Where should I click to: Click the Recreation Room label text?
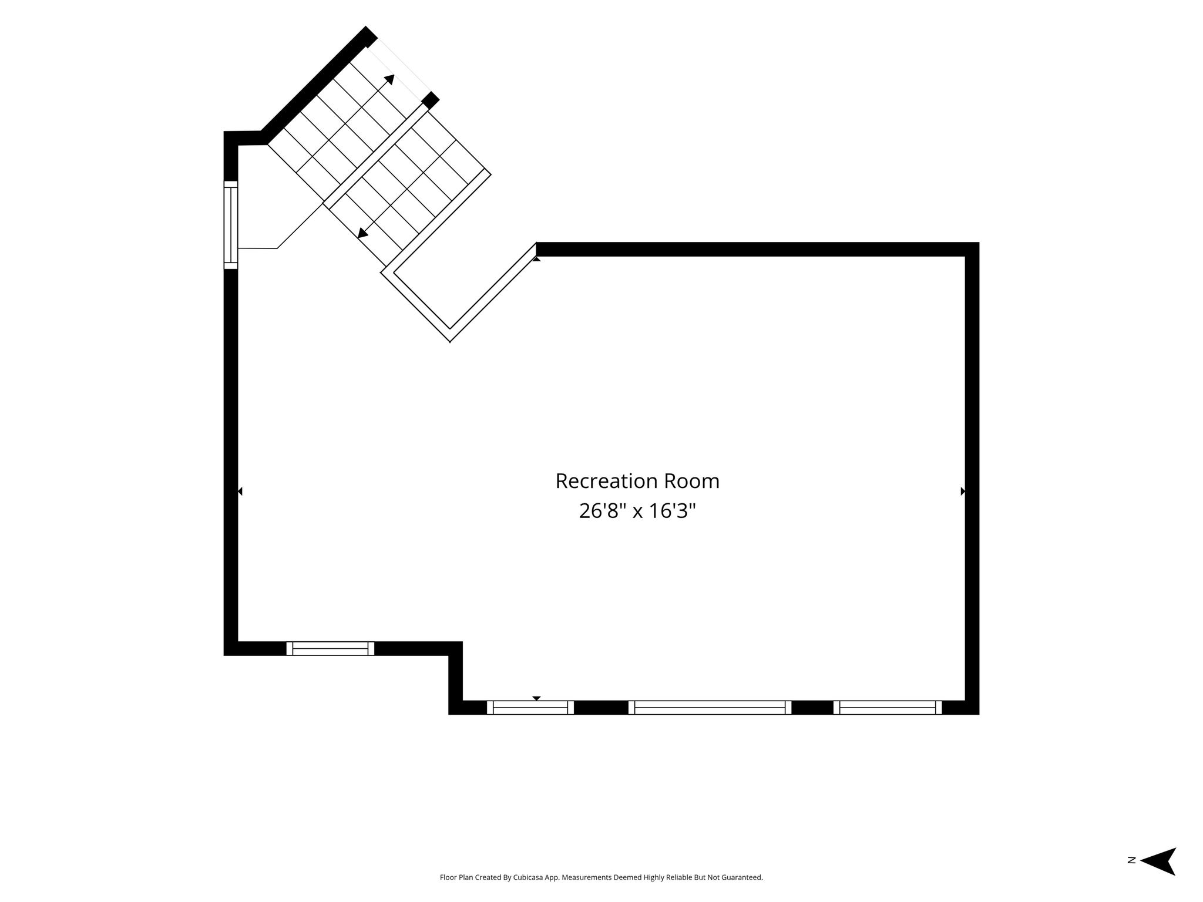point(637,481)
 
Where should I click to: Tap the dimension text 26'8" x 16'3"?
point(637,511)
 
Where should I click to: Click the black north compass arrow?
point(1158,877)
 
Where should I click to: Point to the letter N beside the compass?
point(1131,877)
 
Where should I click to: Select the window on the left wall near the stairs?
point(231,225)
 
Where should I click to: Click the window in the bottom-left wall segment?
point(330,648)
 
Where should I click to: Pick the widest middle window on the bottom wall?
point(710,708)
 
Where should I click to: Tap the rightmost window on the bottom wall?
point(887,708)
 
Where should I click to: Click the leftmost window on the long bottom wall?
point(530,708)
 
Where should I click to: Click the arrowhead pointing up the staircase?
point(389,79)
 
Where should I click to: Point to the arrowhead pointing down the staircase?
point(363,233)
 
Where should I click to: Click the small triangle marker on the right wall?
point(963,491)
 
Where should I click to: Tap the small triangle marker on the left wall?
point(240,491)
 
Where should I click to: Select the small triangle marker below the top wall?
point(536,259)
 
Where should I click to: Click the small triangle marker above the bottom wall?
point(536,698)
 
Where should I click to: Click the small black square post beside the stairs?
point(431,100)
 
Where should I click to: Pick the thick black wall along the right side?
point(972,479)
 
